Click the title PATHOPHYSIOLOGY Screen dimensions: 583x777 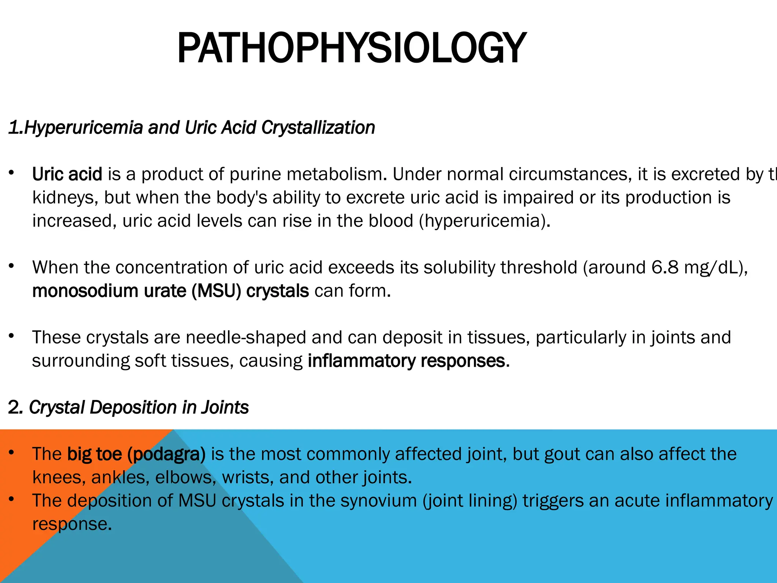[352, 48]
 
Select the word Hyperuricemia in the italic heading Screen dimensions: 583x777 [83, 128]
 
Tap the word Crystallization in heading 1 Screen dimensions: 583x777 [318, 128]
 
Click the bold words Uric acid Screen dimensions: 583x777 [67, 174]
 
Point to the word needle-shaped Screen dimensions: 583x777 [246, 337]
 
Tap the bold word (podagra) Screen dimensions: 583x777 [167, 454]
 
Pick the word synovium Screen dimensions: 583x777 [379, 501]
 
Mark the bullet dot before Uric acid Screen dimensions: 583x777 [12, 173]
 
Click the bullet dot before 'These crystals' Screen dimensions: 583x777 [12, 336]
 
